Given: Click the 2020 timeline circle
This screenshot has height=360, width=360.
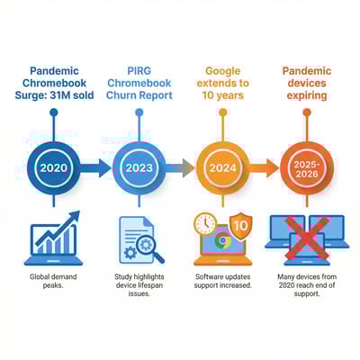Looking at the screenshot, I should [x=53, y=167].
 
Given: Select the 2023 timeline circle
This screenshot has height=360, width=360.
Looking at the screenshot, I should [x=139, y=167].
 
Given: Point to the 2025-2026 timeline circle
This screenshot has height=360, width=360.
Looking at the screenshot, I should [x=306, y=167].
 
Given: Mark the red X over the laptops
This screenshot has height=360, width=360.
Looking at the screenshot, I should [x=306, y=238].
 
